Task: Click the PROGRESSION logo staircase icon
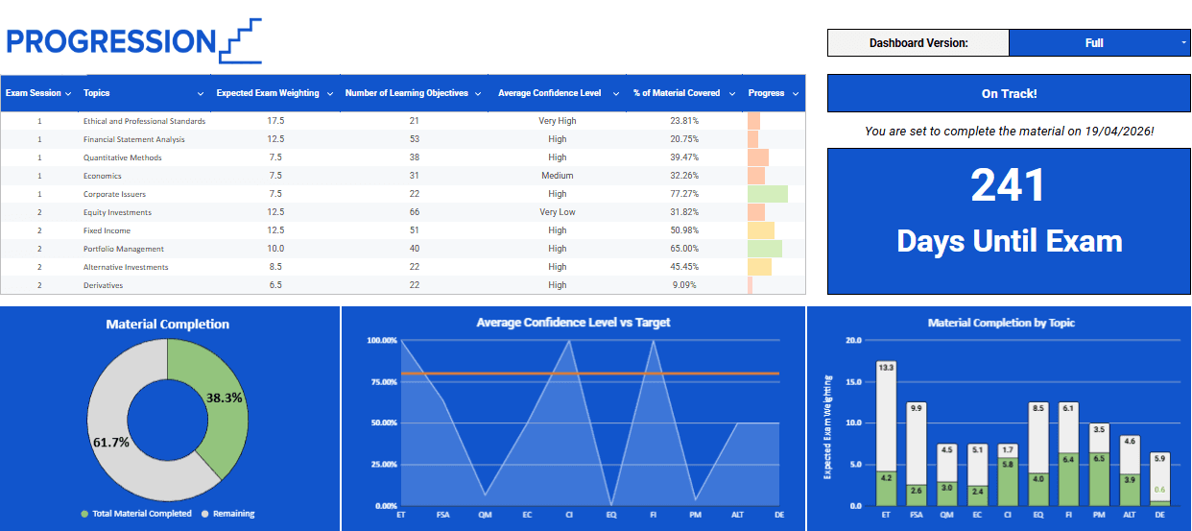[240, 41]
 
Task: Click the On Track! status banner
[1009, 94]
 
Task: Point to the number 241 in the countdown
[1008, 185]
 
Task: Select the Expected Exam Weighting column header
[268, 93]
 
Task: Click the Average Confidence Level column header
[550, 93]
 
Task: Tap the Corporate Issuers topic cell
[114, 194]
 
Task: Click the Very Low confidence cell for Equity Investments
[558, 212]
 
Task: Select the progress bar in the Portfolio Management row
[765, 249]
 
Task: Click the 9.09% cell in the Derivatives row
[684, 285]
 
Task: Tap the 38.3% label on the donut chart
[224, 396]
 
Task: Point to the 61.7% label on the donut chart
[111, 442]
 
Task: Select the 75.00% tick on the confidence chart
[381, 382]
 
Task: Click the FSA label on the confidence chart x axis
[443, 516]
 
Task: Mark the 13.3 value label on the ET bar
[886, 368]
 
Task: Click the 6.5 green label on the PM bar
[1100, 459]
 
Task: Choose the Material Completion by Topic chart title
[1001, 324]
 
